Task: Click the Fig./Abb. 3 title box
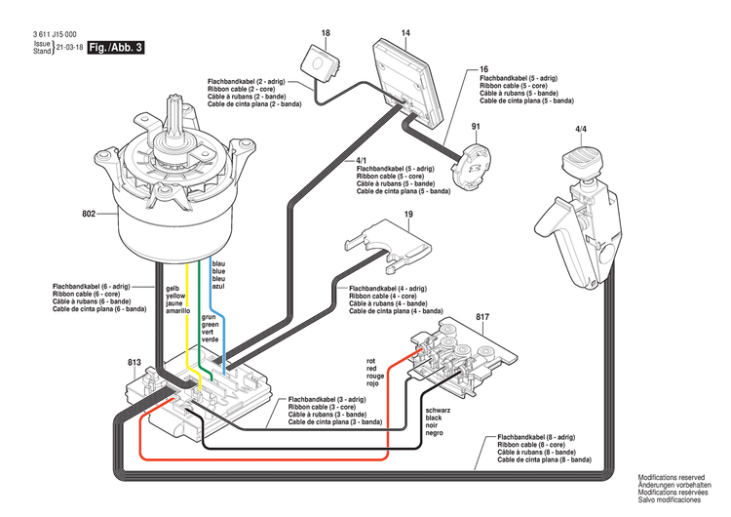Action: point(115,46)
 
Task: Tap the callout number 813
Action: point(135,362)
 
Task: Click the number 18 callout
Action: point(325,34)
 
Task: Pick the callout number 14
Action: point(405,34)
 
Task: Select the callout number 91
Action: point(478,128)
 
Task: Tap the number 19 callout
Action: point(408,214)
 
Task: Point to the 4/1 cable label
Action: point(362,159)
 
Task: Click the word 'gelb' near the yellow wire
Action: point(173,289)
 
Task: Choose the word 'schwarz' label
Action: point(439,410)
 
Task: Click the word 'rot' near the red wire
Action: point(370,360)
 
